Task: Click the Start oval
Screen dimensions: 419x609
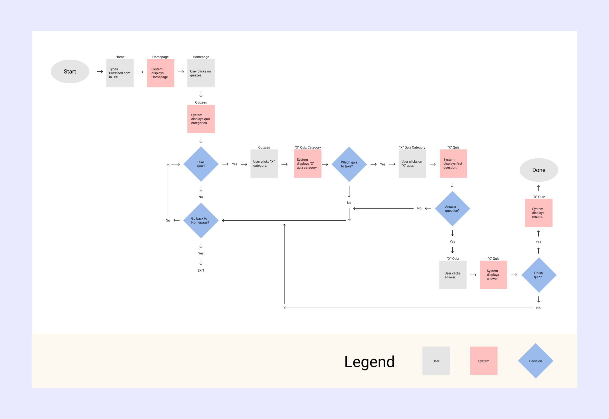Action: (70, 71)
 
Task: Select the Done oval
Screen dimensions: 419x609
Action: (538, 170)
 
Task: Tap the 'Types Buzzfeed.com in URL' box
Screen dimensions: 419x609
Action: (120, 73)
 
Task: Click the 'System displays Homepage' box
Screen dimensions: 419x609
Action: (160, 73)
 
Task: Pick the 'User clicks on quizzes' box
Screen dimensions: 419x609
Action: (201, 73)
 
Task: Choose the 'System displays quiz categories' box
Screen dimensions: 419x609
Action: (201, 119)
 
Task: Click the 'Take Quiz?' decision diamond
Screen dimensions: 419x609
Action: (201, 164)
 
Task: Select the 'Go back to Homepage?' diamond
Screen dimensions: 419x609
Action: (201, 220)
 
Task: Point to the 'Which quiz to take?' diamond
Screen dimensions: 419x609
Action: (349, 164)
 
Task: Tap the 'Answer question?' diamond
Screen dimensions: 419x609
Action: (452, 208)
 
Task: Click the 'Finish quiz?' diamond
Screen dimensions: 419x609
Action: (538, 275)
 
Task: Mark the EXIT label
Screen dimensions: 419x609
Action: (201, 270)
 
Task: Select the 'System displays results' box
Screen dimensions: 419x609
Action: (538, 213)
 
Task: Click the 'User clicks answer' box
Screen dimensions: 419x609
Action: (453, 275)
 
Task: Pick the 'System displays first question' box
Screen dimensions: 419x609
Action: (453, 164)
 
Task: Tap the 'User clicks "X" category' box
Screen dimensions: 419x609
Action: (264, 164)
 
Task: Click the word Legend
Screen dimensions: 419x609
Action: (369, 361)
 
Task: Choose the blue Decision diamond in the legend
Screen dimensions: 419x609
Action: (535, 361)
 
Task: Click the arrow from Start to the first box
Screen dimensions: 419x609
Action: (100, 71)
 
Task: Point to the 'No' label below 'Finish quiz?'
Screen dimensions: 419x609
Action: (538, 308)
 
